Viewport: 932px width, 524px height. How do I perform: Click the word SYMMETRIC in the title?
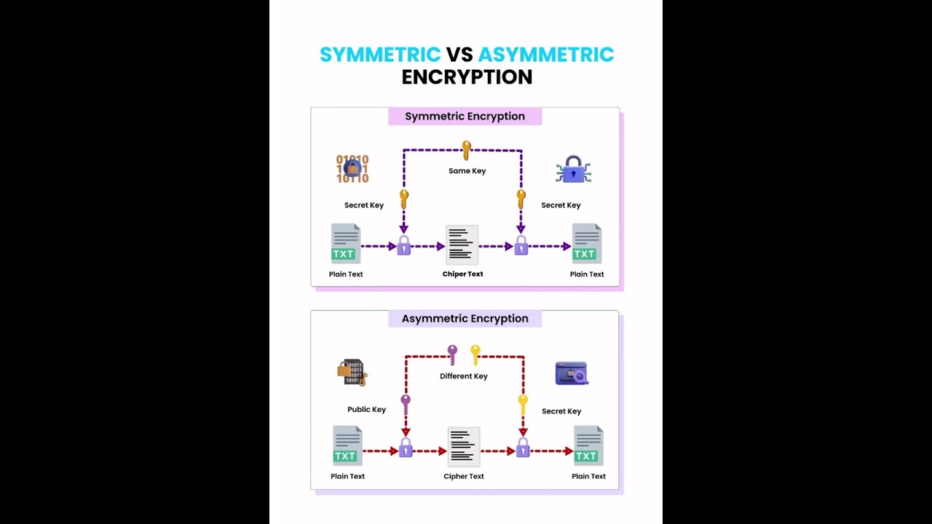[x=380, y=55]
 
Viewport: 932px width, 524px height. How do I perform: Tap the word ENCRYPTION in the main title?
[x=467, y=77]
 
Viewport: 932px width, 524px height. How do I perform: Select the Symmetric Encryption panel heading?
[x=465, y=116]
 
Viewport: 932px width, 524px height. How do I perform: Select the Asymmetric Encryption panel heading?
[x=465, y=319]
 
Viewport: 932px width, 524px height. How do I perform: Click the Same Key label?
[x=467, y=171]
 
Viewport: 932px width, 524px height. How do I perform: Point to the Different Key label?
[x=464, y=376]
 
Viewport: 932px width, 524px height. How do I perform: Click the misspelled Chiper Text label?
[x=462, y=274]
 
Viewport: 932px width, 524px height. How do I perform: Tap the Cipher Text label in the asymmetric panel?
[x=464, y=477]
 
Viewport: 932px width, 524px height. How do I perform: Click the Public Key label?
[x=366, y=410]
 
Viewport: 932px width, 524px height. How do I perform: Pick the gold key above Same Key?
[x=466, y=151]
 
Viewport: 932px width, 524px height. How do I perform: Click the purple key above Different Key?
[x=452, y=354]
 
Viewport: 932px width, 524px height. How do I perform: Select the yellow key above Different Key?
[x=475, y=354]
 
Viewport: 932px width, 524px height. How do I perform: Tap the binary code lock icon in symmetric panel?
[x=352, y=169]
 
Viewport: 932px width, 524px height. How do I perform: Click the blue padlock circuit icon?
[x=574, y=170]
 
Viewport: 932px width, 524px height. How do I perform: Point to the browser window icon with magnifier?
[x=572, y=373]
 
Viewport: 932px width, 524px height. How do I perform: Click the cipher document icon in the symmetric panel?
[x=462, y=245]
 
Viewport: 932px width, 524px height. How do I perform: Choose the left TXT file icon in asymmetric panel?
[x=347, y=445]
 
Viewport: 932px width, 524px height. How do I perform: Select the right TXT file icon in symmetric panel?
[x=586, y=244]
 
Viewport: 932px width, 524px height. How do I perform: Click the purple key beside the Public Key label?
[x=406, y=404]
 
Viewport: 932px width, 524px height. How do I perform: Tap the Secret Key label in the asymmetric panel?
[x=561, y=411]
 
